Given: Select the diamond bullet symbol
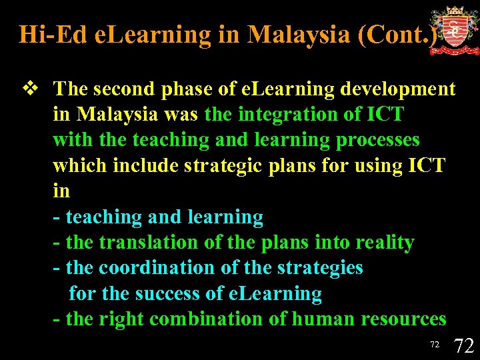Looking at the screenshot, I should (x=29, y=89).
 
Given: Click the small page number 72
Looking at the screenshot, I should (x=434, y=345).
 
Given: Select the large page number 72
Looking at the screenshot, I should (x=463, y=345).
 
